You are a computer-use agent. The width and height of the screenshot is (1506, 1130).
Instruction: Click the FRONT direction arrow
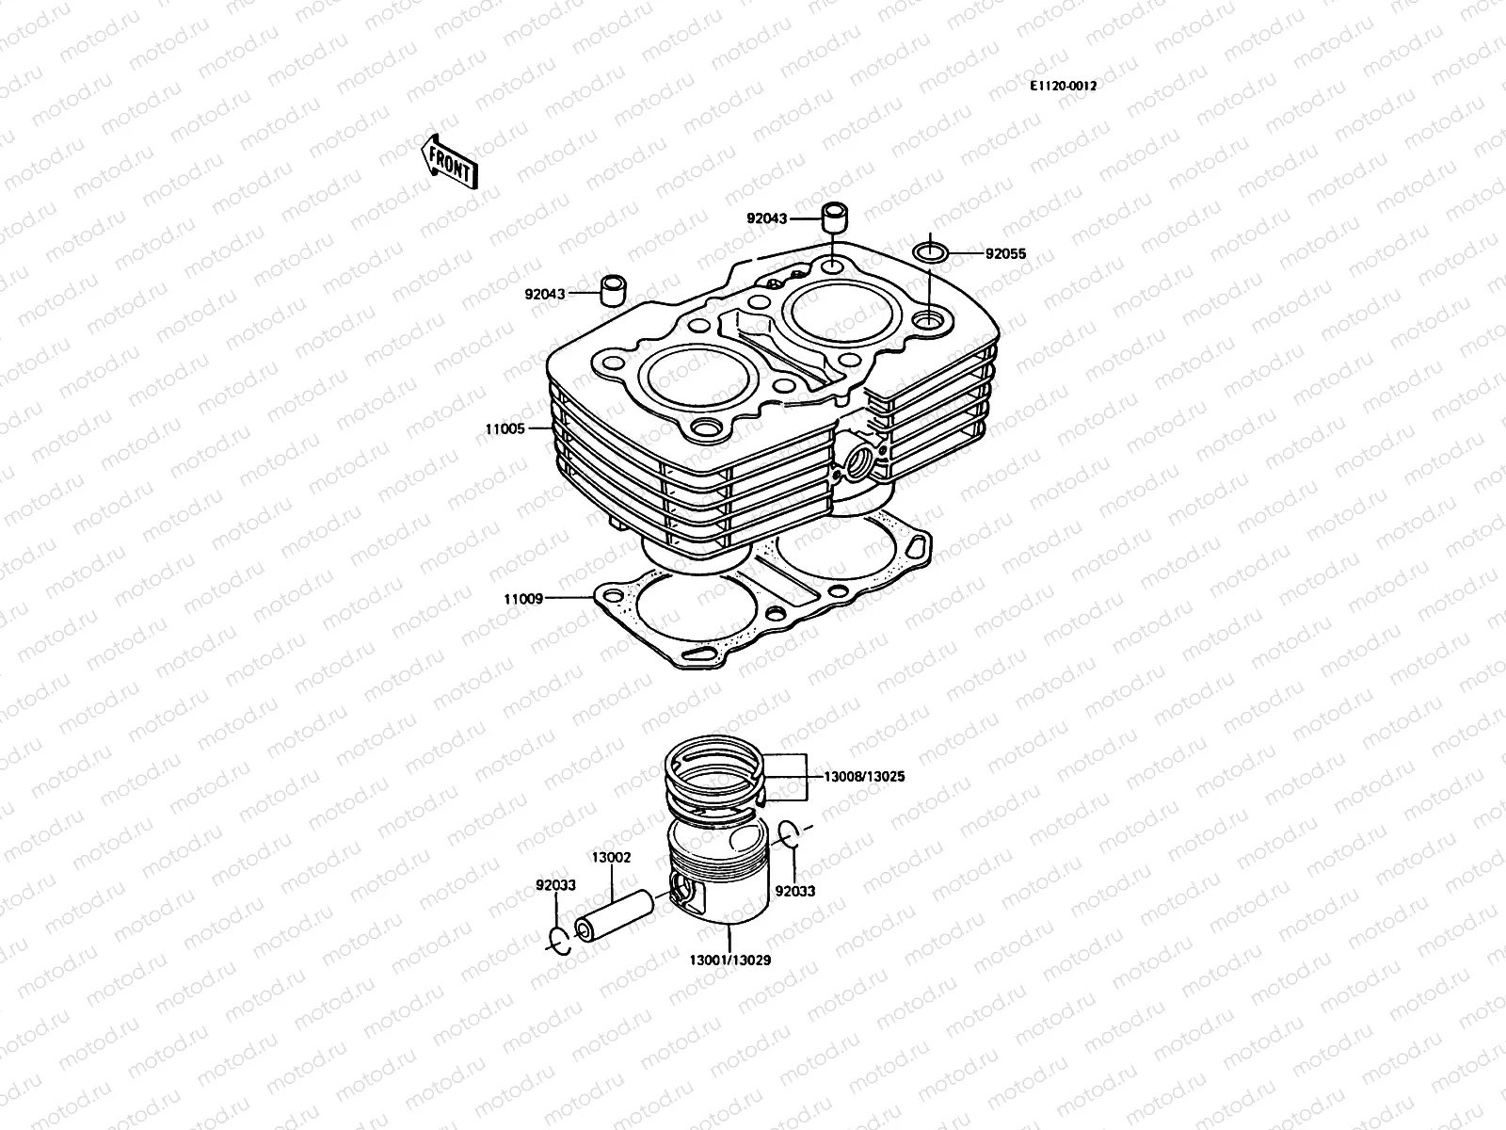pos(462,161)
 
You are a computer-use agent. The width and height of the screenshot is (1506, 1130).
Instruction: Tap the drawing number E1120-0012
pos(1063,85)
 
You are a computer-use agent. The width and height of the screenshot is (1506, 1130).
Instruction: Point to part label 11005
pos(505,428)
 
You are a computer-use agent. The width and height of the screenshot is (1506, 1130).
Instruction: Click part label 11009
pos(522,598)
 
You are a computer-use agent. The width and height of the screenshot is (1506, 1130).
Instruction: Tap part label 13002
pos(611,858)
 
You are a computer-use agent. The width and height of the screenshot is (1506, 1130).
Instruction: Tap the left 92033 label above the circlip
pos(556,885)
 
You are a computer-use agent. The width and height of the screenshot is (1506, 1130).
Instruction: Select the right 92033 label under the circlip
pos(795,891)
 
